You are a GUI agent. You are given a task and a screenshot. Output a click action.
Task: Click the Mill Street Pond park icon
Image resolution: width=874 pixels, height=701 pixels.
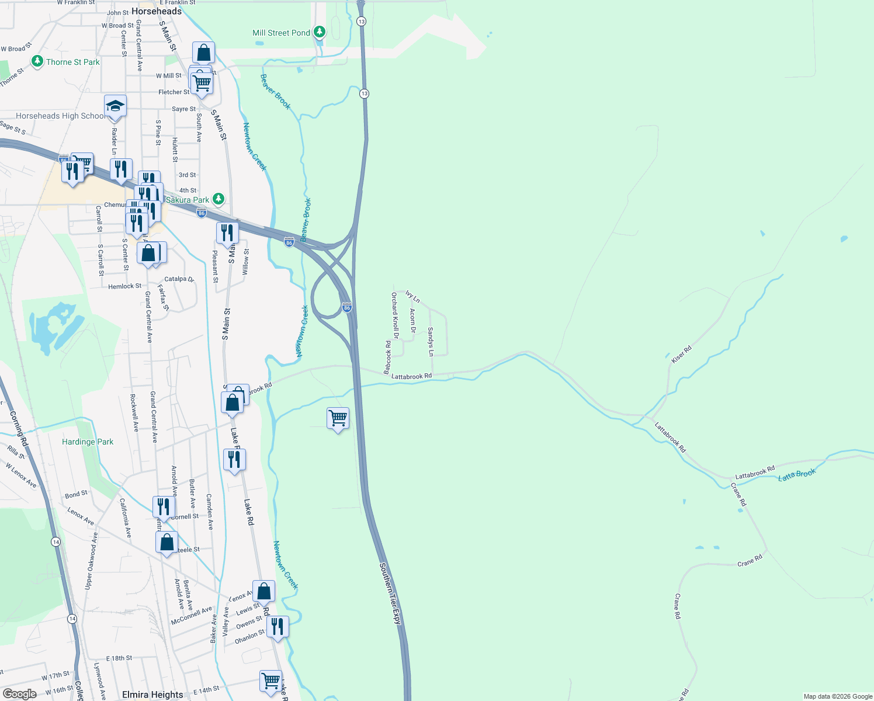click(x=320, y=32)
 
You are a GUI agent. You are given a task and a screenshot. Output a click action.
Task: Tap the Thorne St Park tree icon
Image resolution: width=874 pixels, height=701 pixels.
click(x=37, y=61)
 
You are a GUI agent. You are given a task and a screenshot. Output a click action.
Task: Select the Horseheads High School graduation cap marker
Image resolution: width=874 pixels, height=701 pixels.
click(x=115, y=106)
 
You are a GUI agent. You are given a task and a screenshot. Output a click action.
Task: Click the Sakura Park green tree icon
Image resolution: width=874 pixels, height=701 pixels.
click(x=218, y=199)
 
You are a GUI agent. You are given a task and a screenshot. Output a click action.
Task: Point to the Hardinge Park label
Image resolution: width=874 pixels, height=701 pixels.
click(x=88, y=442)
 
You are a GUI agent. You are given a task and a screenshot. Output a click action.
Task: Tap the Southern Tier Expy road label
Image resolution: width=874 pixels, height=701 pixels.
click(x=391, y=594)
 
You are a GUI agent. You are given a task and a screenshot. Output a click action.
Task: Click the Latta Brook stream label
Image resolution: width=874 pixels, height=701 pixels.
click(x=796, y=475)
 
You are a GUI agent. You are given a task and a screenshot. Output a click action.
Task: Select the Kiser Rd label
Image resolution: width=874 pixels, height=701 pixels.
click(x=681, y=355)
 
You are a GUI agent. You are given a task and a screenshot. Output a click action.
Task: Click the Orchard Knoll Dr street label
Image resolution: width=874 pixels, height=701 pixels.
click(x=395, y=315)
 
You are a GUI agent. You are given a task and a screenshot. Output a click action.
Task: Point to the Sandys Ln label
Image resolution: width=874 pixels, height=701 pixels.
click(x=431, y=342)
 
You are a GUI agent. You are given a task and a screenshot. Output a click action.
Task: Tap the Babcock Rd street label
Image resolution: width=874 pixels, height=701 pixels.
click(x=387, y=358)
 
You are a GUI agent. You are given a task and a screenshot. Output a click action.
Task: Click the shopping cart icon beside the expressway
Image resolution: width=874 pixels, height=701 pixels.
click(x=338, y=418)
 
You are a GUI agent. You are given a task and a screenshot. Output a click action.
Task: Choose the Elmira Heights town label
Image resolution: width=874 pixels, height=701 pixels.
click(x=152, y=695)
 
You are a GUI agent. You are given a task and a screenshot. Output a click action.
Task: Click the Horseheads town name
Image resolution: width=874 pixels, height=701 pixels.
click(x=157, y=11)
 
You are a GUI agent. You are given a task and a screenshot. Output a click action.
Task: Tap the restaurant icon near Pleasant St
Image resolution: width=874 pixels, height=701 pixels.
click(x=227, y=232)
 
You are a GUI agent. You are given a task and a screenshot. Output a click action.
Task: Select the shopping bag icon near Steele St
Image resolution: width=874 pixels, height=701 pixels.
click(x=167, y=543)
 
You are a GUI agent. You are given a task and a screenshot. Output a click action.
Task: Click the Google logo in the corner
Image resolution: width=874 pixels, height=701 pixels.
click(x=19, y=694)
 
